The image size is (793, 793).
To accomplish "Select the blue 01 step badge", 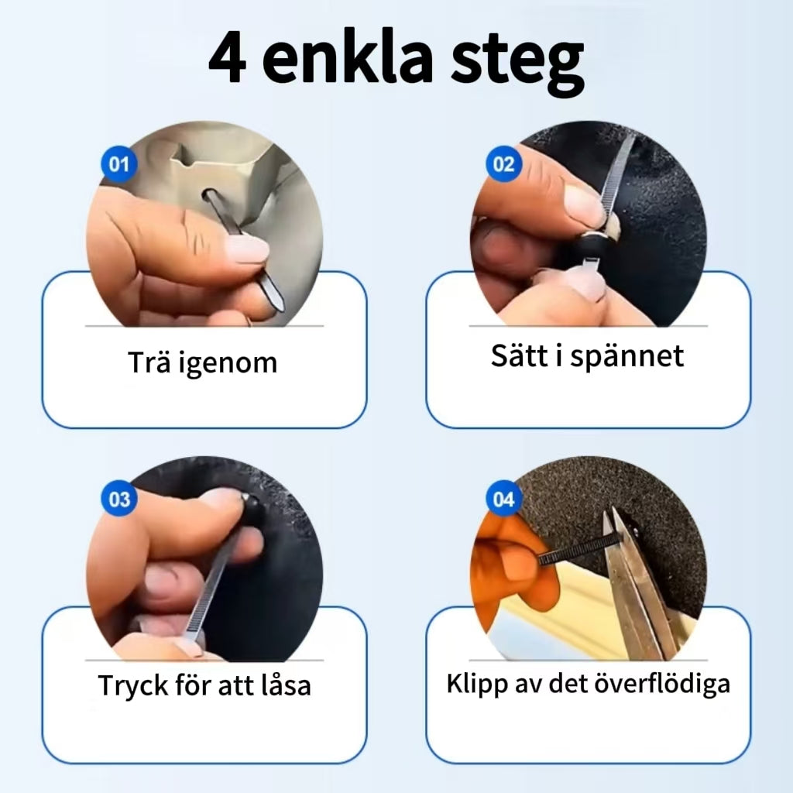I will tap(118, 164).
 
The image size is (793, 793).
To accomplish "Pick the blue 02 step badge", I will tap(503, 164).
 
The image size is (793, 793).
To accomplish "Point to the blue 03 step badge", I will tap(118, 499).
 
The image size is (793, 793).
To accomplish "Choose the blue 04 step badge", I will tap(503, 499).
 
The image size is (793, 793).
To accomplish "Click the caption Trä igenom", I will tap(202, 362).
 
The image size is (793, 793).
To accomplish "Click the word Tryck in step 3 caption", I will tap(132, 685).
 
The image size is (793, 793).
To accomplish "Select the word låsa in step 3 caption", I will tap(283, 685).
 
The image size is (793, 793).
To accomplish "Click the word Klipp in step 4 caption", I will tap(474, 684).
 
